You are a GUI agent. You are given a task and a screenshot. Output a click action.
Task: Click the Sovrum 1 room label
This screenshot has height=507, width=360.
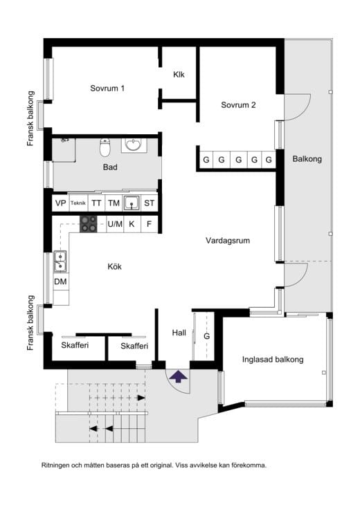(107, 89)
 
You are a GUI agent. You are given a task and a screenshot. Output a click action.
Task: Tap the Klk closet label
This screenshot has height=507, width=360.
(179, 75)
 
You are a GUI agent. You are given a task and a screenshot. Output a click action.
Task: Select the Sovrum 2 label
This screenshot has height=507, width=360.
(238, 104)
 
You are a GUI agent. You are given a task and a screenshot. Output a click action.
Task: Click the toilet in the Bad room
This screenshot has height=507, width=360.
(105, 147)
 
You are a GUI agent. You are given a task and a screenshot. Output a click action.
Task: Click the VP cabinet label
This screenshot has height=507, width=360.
(60, 203)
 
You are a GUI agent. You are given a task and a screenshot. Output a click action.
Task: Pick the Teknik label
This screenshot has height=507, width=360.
(78, 203)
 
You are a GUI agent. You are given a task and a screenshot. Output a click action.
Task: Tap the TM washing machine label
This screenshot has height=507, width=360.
(114, 203)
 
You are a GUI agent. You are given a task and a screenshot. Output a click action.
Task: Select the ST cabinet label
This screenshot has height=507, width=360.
(150, 203)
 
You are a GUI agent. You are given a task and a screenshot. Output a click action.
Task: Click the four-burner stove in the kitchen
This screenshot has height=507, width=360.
(89, 223)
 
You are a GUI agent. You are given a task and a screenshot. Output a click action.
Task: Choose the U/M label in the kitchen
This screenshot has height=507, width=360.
(115, 223)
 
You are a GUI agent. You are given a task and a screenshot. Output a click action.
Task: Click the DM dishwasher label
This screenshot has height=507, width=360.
(60, 282)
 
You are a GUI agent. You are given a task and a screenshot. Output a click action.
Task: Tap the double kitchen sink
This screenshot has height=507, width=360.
(60, 261)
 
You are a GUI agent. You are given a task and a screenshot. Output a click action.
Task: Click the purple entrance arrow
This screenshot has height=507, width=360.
(178, 376)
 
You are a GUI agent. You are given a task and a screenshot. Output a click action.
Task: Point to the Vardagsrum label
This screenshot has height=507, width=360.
(228, 241)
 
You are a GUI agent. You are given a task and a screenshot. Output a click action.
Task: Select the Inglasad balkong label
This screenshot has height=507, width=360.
(273, 360)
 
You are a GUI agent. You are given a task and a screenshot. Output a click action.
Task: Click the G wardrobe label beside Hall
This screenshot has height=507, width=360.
(206, 336)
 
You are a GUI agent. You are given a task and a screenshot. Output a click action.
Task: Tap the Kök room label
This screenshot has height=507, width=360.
(115, 266)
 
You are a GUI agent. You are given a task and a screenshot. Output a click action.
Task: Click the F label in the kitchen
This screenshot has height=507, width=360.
(150, 223)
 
